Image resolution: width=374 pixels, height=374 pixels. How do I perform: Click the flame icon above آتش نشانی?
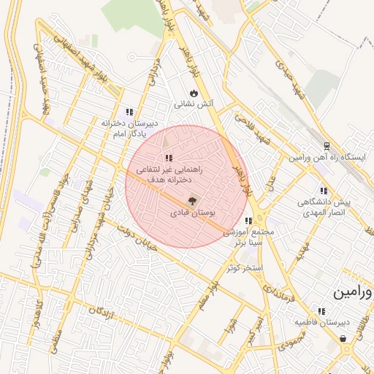(x=193, y=93)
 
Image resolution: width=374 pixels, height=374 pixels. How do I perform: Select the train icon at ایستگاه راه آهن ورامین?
(x=327, y=145)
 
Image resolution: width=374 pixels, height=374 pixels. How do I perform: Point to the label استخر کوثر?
(x=244, y=268)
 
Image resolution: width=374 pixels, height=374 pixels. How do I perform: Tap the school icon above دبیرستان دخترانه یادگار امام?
(x=129, y=112)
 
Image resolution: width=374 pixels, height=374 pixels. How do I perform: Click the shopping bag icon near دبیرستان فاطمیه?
(x=343, y=337)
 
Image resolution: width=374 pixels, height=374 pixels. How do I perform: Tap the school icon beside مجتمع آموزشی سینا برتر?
(x=248, y=221)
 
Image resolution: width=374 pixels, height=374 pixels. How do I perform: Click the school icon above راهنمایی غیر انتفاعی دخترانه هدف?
(x=169, y=158)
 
